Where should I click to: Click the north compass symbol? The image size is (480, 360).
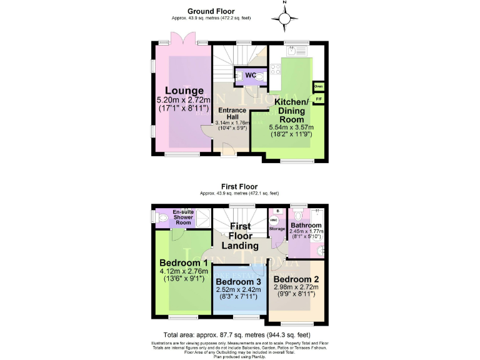[285, 19]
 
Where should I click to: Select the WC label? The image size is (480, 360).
[251, 76]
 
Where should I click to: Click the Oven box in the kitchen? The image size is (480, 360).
[318, 86]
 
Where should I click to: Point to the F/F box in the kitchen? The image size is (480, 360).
[318, 99]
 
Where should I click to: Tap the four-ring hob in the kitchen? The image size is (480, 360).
[276, 69]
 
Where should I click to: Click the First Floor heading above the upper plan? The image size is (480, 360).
[239, 186]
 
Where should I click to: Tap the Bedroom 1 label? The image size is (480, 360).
[183, 262]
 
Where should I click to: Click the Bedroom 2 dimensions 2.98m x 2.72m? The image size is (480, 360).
[296, 287]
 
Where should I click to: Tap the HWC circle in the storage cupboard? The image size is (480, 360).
[273, 221]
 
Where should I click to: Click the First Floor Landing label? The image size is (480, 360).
[240, 236]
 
